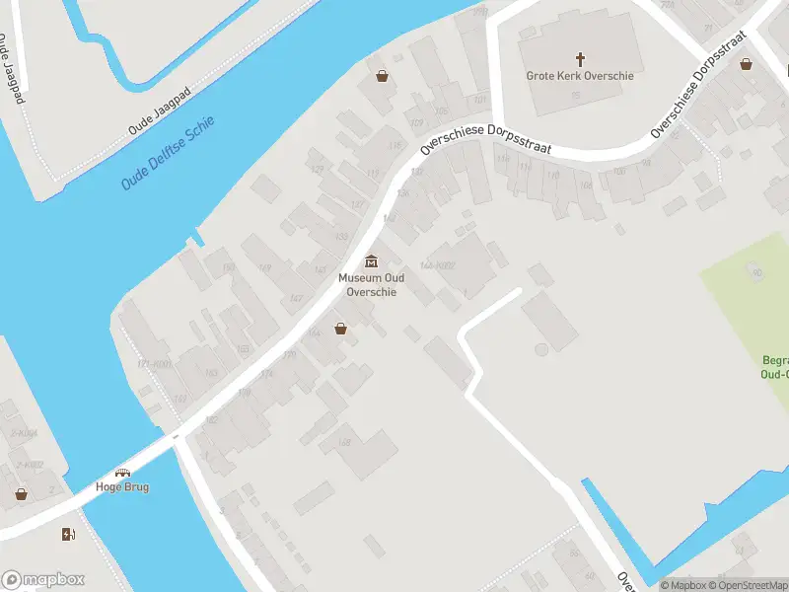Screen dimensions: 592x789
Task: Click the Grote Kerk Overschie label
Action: [x=580, y=75]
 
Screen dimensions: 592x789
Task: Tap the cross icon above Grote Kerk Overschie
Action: [x=580, y=58]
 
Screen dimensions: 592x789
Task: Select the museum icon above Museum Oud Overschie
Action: [x=371, y=261]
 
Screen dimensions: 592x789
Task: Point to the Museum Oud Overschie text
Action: [x=371, y=285]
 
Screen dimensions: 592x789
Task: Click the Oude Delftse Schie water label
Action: [x=168, y=154]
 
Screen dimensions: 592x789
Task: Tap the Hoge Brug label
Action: [x=122, y=487]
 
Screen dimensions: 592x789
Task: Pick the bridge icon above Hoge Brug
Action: [x=122, y=473]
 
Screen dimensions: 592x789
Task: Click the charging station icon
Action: [x=68, y=535]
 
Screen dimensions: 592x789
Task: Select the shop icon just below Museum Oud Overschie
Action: [x=340, y=329]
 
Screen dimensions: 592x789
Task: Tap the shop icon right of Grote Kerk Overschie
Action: [x=747, y=64]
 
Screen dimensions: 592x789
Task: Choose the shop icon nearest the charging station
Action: [x=21, y=493]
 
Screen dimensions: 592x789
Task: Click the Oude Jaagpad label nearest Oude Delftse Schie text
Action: [x=159, y=110]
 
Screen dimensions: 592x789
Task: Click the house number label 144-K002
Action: [x=437, y=265]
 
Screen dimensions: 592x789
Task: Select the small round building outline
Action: [x=540, y=349]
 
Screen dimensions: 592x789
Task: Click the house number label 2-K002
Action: [x=30, y=465]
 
